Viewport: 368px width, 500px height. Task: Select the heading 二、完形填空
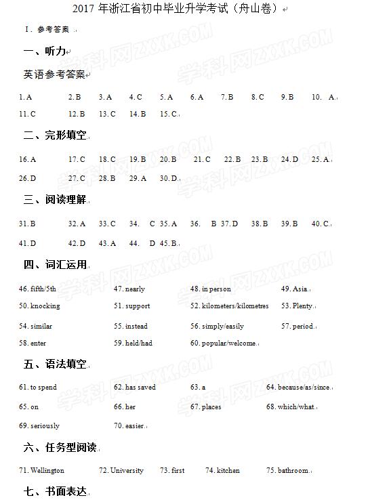[55, 136]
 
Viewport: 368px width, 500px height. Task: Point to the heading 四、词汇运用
[55, 264]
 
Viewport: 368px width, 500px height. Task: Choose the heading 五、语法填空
[55, 364]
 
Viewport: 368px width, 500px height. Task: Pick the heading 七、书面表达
[55, 491]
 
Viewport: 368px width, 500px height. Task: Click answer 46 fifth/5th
[38, 289]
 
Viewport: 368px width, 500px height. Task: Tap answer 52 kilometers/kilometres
[229, 306]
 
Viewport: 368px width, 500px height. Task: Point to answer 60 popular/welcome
[223, 343]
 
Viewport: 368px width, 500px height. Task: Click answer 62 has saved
[135, 388]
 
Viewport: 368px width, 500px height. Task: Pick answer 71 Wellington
[41, 470]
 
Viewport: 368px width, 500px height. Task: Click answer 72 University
[121, 470]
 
